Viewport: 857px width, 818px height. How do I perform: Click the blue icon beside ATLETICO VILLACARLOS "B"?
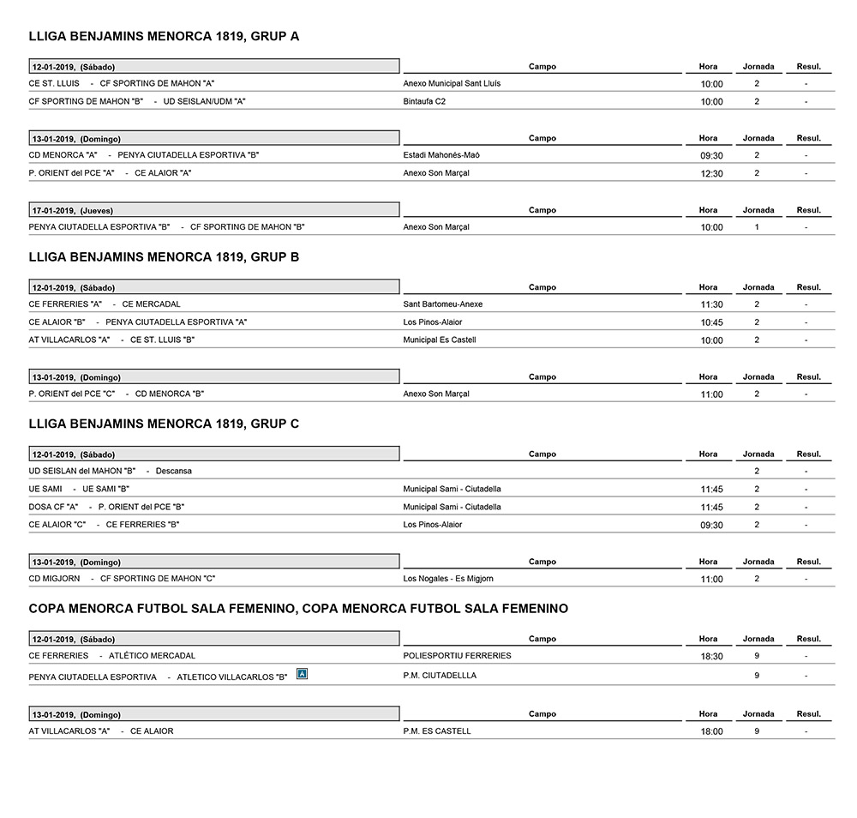pyautogui.click(x=301, y=674)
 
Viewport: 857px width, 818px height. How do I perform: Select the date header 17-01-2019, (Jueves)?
pyautogui.click(x=72, y=210)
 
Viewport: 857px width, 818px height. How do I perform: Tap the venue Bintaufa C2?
pyautogui.click(x=424, y=101)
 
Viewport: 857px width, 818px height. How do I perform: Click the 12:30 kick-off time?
pyautogui.click(x=711, y=174)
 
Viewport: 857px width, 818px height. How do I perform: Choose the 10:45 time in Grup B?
pyautogui.click(x=711, y=323)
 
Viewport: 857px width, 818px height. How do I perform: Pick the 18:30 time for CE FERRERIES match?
pyautogui.click(x=711, y=657)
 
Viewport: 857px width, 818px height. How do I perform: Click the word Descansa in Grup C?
pyautogui.click(x=174, y=471)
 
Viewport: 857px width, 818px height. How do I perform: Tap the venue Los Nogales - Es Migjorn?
pyautogui.click(x=448, y=579)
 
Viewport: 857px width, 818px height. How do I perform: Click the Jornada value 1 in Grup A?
pyautogui.click(x=757, y=227)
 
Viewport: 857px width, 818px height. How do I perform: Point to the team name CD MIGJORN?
pyautogui.click(x=54, y=579)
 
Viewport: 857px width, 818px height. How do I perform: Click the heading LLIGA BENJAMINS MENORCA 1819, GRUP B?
pyautogui.click(x=164, y=257)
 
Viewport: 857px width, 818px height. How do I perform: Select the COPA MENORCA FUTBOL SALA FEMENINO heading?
pyautogui.click(x=298, y=609)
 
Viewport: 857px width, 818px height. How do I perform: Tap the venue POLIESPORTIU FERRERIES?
pyautogui.click(x=457, y=656)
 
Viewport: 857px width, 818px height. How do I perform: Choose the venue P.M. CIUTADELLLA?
pyautogui.click(x=440, y=676)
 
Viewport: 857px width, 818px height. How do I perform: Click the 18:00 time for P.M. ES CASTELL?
pyautogui.click(x=711, y=732)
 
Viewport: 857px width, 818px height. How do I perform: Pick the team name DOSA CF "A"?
pyautogui.click(x=53, y=507)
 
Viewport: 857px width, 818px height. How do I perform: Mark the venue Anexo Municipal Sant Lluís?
pyautogui.click(x=452, y=83)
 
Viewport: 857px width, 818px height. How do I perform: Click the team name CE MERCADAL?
pyautogui.click(x=152, y=304)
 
